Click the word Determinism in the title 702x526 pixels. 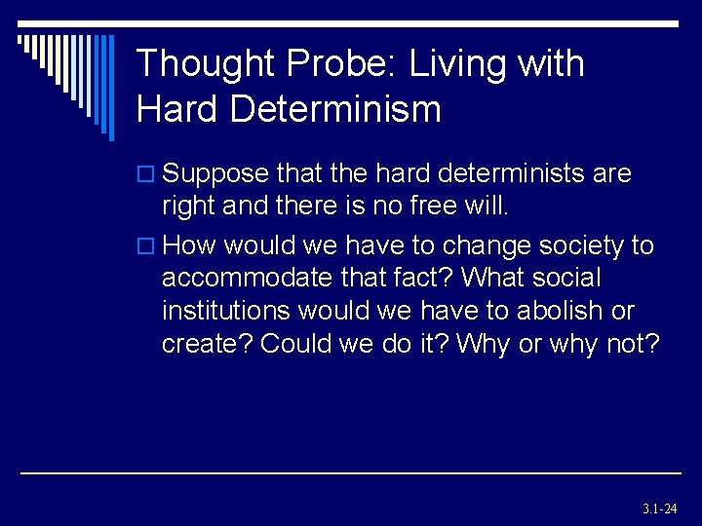point(336,108)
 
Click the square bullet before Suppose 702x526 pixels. point(146,175)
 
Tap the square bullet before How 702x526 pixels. point(146,246)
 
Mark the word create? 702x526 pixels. point(207,345)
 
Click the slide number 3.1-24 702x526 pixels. point(660,508)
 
